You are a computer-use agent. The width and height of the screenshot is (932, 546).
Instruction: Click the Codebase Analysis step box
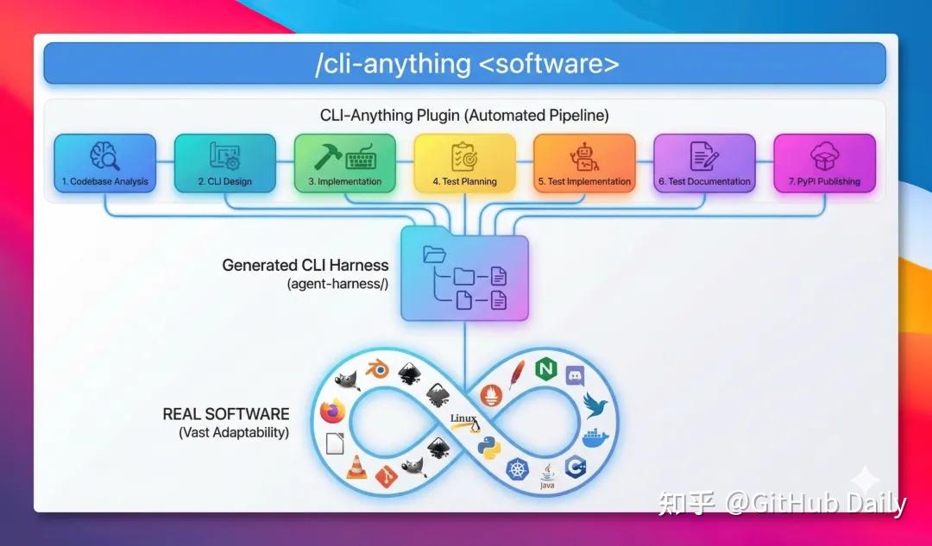(x=104, y=163)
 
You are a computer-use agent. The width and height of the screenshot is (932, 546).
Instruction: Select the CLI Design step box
(x=224, y=163)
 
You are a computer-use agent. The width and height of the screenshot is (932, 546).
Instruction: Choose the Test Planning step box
(x=464, y=163)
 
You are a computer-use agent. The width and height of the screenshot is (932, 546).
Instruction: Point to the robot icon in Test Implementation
(x=584, y=157)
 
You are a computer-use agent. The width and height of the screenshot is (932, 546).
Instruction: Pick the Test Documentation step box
(x=704, y=163)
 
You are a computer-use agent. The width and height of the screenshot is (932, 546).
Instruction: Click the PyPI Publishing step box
(x=824, y=163)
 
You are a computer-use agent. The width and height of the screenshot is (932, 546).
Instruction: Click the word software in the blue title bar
(x=559, y=65)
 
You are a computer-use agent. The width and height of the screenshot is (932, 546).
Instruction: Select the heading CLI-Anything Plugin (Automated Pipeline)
(x=464, y=116)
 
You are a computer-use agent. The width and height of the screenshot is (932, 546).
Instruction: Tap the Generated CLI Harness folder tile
(x=464, y=273)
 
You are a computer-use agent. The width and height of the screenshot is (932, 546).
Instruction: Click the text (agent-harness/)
(x=337, y=284)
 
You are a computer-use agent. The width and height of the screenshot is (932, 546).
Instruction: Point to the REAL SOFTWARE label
(x=226, y=414)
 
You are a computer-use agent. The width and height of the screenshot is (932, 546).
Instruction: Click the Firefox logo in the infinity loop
(x=332, y=412)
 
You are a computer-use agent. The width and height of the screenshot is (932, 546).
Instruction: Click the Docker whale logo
(x=595, y=438)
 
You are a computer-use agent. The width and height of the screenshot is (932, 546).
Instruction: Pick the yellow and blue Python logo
(x=489, y=448)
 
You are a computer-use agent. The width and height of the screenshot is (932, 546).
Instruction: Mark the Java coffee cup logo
(x=546, y=474)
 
